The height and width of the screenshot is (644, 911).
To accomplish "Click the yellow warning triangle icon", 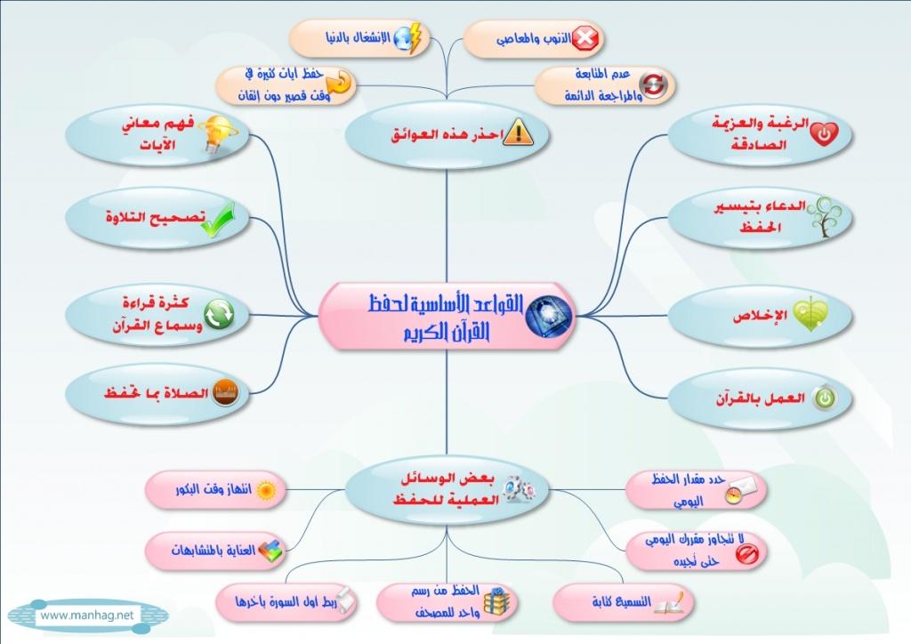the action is coord(518,133).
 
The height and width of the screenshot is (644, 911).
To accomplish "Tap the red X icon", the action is coord(585,38).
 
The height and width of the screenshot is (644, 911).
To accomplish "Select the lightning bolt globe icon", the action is coord(407,38).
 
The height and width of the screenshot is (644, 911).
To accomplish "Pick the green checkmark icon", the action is coord(219,220).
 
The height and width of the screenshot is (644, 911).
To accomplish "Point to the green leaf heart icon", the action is coord(810,314).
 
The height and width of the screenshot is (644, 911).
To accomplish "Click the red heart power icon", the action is coord(824,134).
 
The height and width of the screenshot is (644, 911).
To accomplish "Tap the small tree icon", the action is coord(825,217).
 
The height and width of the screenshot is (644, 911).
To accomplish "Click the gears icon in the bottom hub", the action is coord(517,489).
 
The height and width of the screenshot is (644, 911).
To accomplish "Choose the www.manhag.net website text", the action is coord(86,615).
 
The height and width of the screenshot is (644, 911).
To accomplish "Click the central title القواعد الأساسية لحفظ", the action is coord(446,304).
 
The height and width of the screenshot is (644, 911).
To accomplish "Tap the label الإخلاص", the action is coord(760,316).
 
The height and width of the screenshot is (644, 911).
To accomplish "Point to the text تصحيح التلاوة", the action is coord(155,218).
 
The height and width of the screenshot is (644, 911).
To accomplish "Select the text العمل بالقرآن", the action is coord(760,399).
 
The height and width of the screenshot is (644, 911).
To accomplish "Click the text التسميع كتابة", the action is coord(622,601).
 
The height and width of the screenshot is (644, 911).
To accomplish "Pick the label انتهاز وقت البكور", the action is coord(214,489).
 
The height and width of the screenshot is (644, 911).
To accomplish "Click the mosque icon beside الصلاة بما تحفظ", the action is coord(225,392).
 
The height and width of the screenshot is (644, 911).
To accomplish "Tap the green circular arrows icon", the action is coord(219,314).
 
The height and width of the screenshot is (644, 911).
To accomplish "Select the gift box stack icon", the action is coord(496,601).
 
